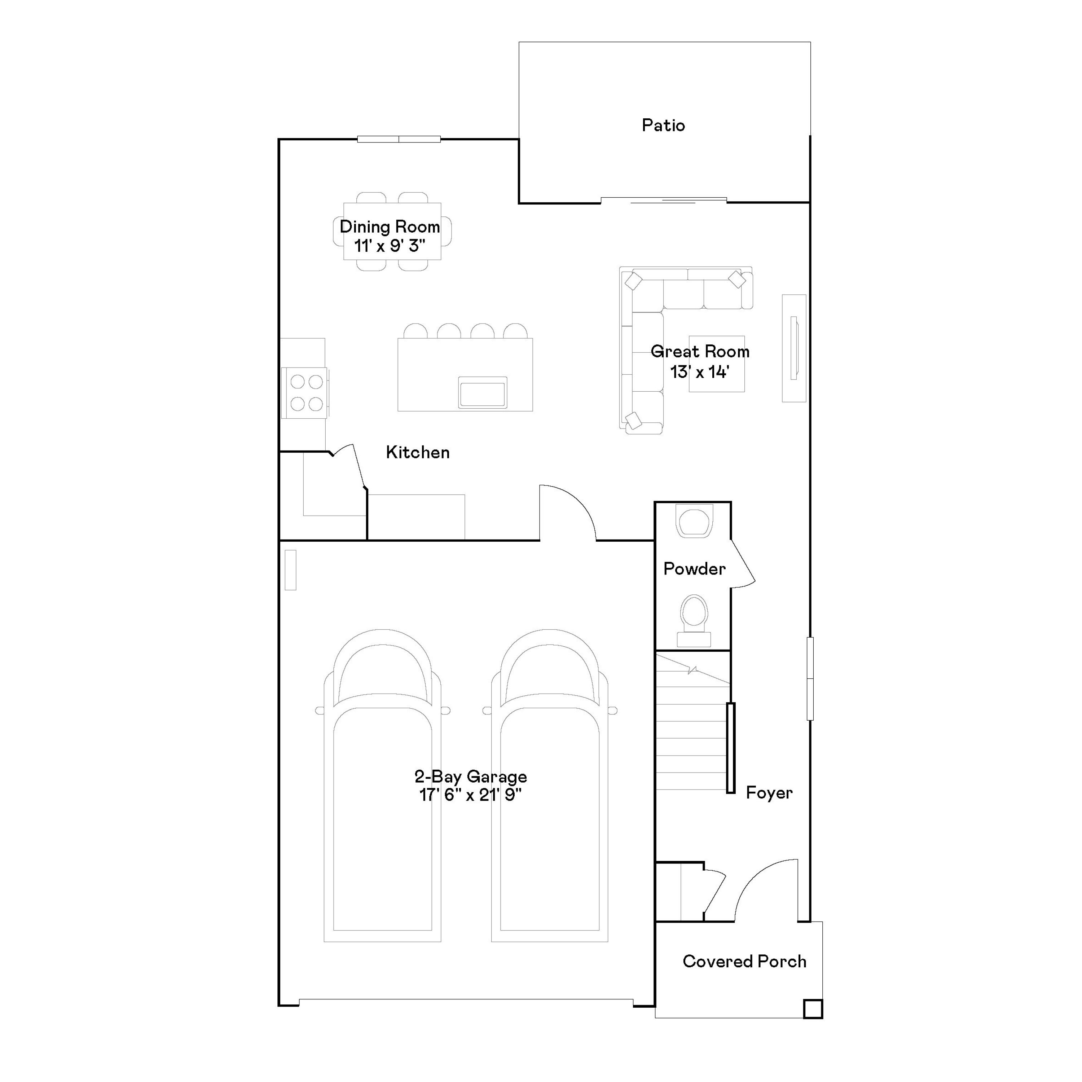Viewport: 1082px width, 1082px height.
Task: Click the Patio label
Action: coord(663,126)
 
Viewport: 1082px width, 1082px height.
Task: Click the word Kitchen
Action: coord(418,453)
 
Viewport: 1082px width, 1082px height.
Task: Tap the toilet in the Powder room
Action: coord(694,619)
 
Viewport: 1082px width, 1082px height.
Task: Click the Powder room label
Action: coord(694,569)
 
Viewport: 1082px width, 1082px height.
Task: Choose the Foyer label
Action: coord(769,793)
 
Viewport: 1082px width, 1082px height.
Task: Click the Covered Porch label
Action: coord(744,962)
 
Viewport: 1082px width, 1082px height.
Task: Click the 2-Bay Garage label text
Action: coord(470,777)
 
